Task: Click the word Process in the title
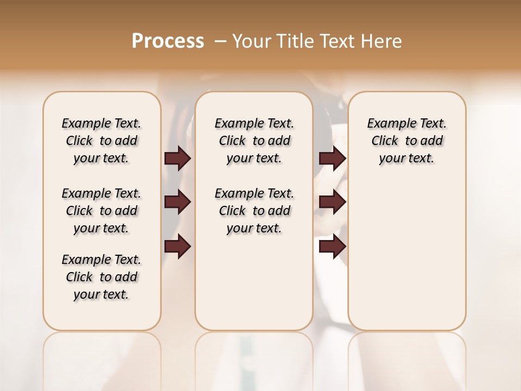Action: click(168, 41)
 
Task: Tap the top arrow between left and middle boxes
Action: click(177, 158)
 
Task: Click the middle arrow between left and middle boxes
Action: click(177, 202)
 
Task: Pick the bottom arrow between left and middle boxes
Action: click(177, 247)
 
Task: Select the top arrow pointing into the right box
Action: click(332, 158)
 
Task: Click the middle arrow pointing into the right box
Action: click(332, 202)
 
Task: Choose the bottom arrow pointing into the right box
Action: click(332, 247)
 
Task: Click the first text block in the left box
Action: click(101, 141)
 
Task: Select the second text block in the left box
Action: click(101, 211)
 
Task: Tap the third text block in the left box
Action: click(101, 277)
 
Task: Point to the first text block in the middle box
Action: click(254, 141)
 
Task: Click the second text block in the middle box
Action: click(254, 211)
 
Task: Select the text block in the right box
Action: click(406, 141)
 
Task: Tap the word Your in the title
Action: click(252, 41)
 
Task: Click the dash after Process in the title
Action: click(220, 41)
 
